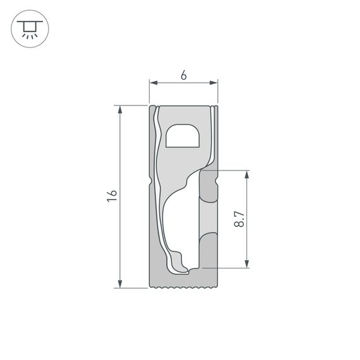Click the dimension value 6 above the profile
click(x=183, y=75)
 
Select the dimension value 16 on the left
click(x=112, y=196)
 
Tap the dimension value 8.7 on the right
click(x=239, y=219)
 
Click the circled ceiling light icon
click(x=30, y=30)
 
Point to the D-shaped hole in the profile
click(x=183, y=136)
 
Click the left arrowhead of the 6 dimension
click(x=152, y=82)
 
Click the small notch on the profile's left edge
click(x=151, y=182)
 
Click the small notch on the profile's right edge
click(x=216, y=182)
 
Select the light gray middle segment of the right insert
click(x=208, y=215)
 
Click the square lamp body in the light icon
click(x=30, y=27)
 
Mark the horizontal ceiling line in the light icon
click(x=30, y=21)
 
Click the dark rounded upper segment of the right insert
click(x=208, y=184)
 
